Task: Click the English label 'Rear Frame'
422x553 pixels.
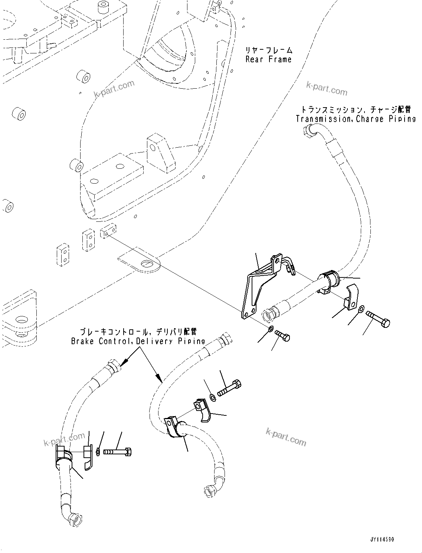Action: pyautogui.click(x=268, y=59)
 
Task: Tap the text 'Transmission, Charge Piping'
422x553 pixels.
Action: pyautogui.click(x=356, y=119)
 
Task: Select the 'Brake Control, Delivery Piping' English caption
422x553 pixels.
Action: pyautogui.click(x=138, y=340)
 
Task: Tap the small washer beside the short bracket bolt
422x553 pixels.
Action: pyautogui.click(x=271, y=328)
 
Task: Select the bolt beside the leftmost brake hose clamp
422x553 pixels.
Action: pyautogui.click(x=118, y=452)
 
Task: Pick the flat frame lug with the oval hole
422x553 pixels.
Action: pyautogui.click(x=141, y=264)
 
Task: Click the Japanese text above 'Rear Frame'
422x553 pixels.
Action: pyautogui.click(x=268, y=50)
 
